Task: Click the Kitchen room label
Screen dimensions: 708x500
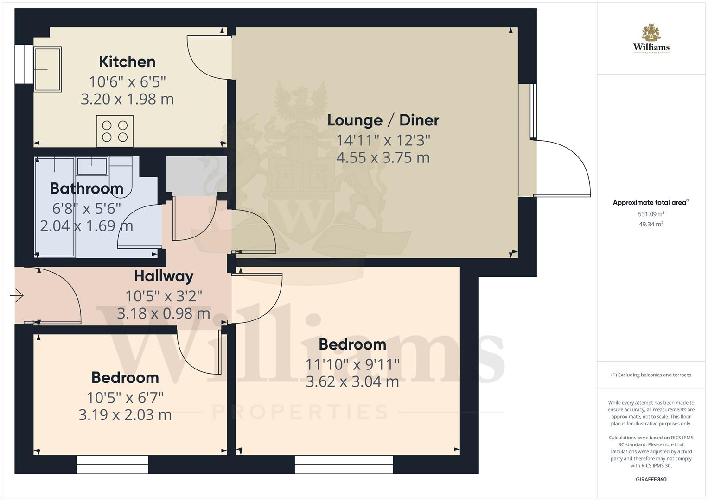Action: click(x=128, y=62)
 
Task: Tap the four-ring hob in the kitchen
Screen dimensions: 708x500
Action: click(x=115, y=131)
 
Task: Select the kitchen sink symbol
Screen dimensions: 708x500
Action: click(x=47, y=69)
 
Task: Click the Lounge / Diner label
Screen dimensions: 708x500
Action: click(x=383, y=120)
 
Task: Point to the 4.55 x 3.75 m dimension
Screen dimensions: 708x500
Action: click(x=383, y=157)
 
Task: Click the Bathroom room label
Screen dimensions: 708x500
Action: click(x=87, y=188)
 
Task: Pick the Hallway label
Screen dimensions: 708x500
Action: click(x=164, y=276)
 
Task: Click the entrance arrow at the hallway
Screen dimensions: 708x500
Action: click(x=17, y=296)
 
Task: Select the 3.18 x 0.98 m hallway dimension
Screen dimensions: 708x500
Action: click(x=164, y=313)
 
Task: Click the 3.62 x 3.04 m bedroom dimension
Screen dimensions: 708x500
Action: click(x=352, y=381)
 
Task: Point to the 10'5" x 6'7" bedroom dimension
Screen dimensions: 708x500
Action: click(x=125, y=398)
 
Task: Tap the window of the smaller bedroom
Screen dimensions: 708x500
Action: click(x=113, y=464)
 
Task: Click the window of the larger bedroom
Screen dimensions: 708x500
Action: click(x=344, y=464)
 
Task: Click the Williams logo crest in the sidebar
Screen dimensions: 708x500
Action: click(x=651, y=32)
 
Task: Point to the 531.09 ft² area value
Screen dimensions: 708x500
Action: click(x=651, y=214)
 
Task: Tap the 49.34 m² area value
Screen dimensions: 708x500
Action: click(x=651, y=224)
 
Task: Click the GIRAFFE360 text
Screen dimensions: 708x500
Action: click(x=651, y=479)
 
